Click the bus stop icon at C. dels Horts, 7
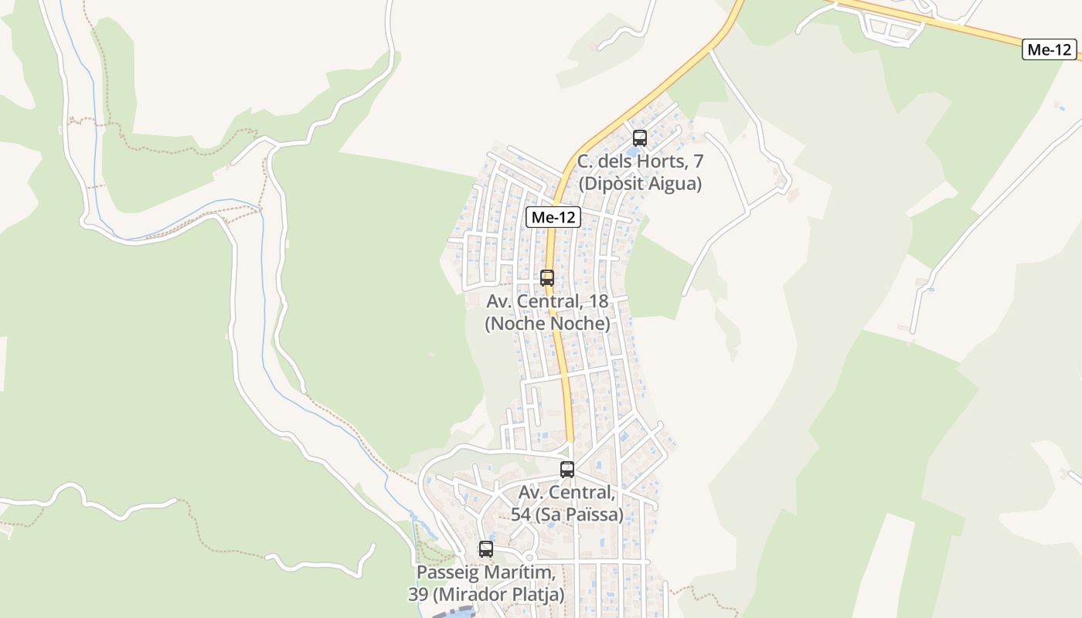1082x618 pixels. (x=640, y=138)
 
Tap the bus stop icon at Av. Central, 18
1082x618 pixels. (x=547, y=277)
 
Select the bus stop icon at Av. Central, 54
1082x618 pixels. (x=567, y=469)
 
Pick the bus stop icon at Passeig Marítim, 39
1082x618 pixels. (x=485, y=549)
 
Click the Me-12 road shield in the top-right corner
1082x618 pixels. (x=1050, y=49)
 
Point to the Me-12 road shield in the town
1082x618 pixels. (x=553, y=218)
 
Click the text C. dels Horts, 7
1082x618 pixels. (x=640, y=162)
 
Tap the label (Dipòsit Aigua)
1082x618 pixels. (x=640, y=184)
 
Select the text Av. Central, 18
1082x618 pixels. (x=547, y=301)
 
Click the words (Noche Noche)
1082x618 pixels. (x=547, y=324)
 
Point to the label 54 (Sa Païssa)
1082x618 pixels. (x=567, y=514)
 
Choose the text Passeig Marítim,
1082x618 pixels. (x=486, y=572)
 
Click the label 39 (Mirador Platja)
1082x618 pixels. (x=486, y=595)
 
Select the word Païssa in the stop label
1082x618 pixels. (x=594, y=514)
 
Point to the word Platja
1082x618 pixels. (x=539, y=595)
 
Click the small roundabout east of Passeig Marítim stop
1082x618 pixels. (x=529, y=556)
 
